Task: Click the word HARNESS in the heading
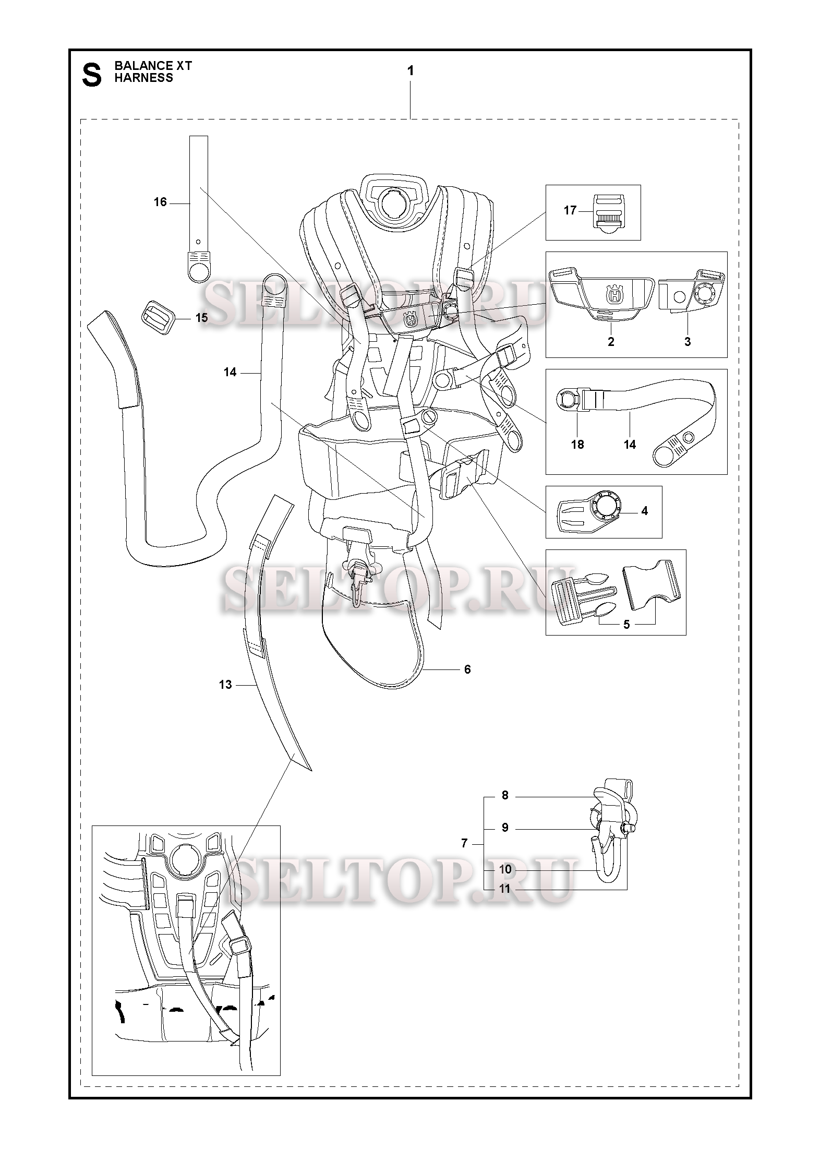tap(143, 78)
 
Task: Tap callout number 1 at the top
tap(411, 71)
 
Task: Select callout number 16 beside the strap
tap(160, 202)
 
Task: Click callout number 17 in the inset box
tap(570, 210)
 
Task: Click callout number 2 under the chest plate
tap(611, 342)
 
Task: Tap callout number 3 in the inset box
tap(688, 342)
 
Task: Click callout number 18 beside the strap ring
tap(577, 445)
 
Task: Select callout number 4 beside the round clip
tap(645, 511)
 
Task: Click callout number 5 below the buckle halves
tap(626, 624)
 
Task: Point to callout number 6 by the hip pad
tap(467, 669)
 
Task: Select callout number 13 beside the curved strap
tap(225, 685)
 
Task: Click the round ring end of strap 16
tap(198, 269)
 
